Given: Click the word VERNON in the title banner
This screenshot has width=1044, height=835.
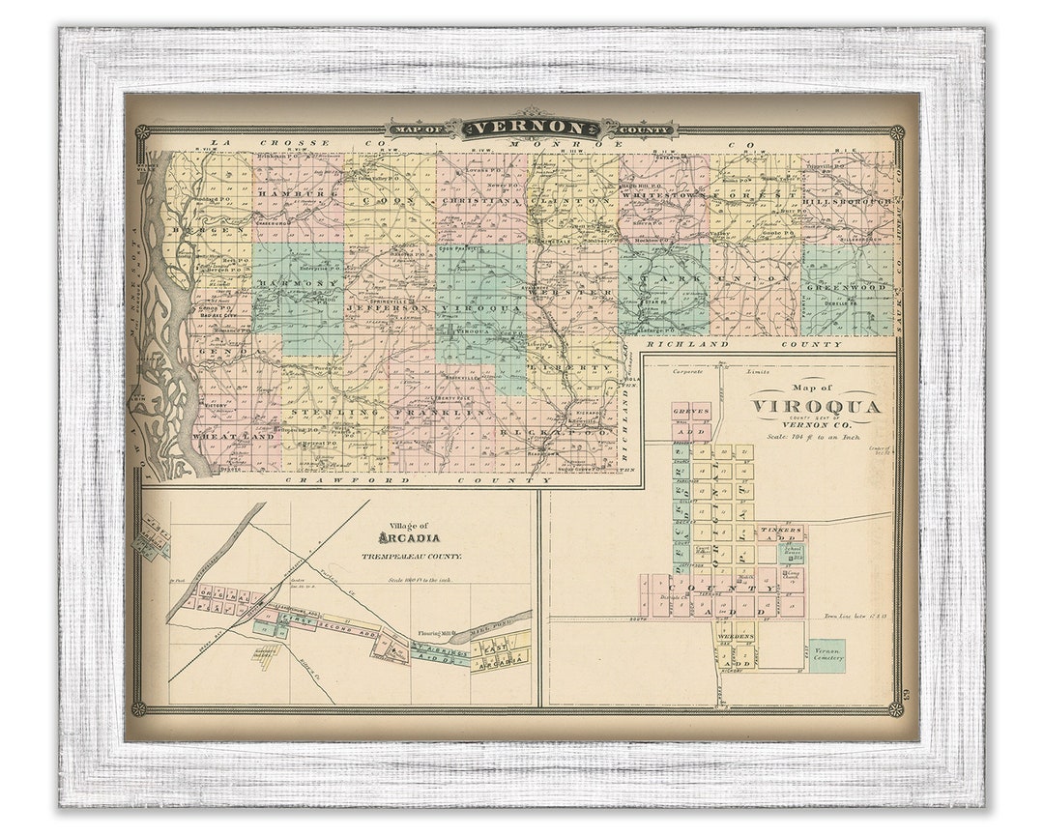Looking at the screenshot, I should (531, 129).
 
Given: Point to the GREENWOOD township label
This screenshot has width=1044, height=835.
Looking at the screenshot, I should (846, 286).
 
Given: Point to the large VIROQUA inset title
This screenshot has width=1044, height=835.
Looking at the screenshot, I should (816, 407).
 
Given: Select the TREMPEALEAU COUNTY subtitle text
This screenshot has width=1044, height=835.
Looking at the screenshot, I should (411, 557).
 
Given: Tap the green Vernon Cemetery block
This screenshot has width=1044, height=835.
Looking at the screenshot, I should (826, 655).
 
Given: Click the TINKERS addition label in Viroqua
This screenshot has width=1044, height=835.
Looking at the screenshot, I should (781, 531).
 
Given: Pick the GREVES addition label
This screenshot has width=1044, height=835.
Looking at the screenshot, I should (690, 410).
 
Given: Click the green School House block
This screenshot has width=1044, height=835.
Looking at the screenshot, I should (792, 552).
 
